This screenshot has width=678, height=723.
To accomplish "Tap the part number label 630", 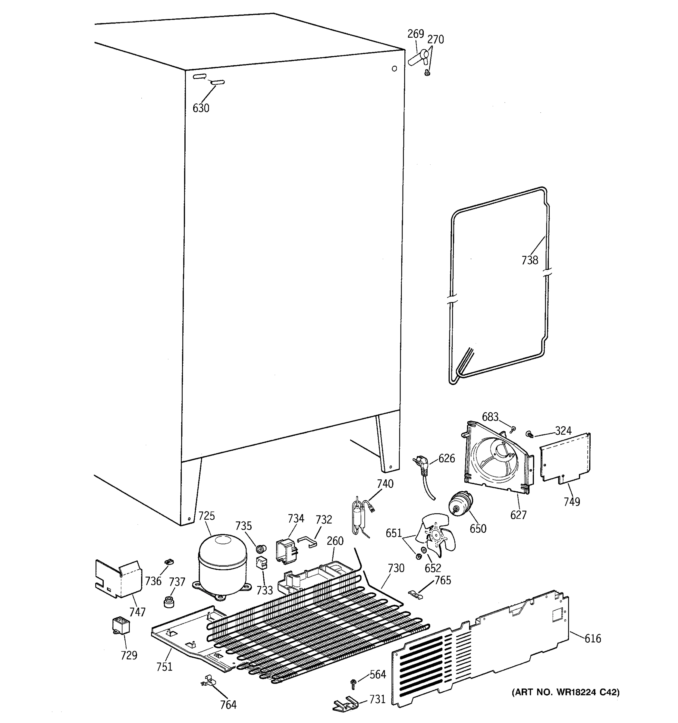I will pos(201,108).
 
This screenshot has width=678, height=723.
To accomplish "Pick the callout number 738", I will pos(530,260).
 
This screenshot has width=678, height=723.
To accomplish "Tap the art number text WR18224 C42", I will pos(566,692).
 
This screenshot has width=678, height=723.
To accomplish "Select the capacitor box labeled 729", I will pos(121,625).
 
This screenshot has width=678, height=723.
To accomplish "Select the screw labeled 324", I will pos(529,433).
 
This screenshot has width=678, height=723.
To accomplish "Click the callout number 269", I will pos(415,34).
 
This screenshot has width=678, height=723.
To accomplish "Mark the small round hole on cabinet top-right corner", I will pos(394,68).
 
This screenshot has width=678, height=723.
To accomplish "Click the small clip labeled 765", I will pos(415,595).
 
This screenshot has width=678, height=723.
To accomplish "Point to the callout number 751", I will pos(165,667).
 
